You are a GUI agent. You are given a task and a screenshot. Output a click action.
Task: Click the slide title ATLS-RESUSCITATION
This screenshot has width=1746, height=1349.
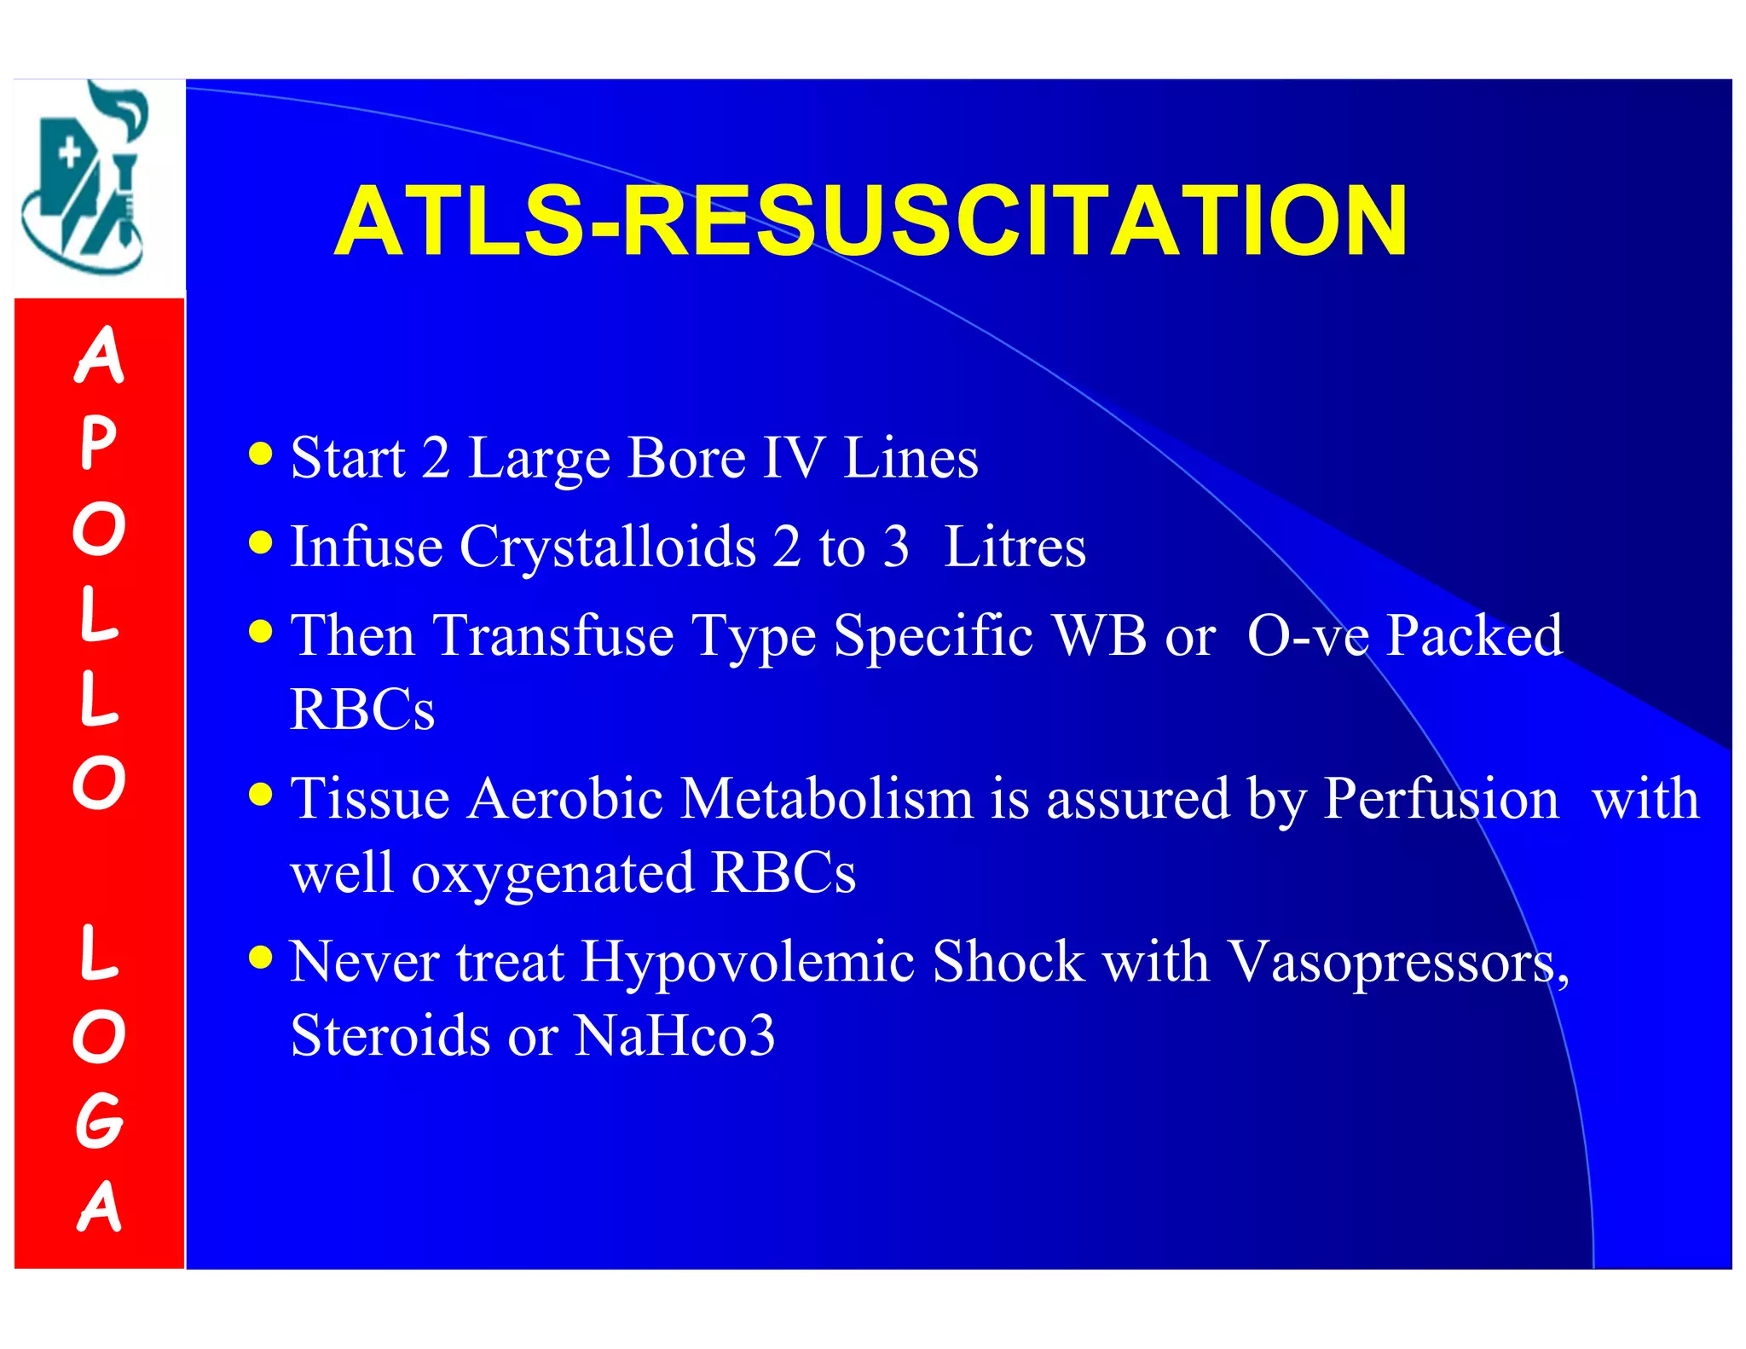click(x=870, y=222)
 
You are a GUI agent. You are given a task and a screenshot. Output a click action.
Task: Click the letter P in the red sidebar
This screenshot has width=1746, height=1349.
click(x=99, y=443)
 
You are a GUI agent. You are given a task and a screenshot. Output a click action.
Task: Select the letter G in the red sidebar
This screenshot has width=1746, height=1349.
click(x=99, y=1120)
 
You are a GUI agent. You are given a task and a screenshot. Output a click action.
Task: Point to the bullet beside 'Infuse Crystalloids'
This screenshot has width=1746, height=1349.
click(x=261, y=542)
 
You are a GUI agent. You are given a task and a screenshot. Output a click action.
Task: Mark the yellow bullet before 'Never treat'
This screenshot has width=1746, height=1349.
click(x=261, y=957)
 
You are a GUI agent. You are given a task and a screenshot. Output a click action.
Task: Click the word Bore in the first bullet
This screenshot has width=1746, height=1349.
click(x=686, y=458)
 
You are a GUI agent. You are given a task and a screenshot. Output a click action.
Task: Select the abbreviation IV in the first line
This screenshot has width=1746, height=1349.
click(x=793, y=458)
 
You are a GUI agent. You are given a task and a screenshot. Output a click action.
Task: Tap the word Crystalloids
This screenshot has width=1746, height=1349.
click(x=608, y=547)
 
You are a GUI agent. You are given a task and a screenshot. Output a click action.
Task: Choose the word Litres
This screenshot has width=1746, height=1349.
click(x=1015, y=547)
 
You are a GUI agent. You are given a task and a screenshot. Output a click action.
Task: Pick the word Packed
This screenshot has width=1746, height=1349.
click(x=1475, y=636)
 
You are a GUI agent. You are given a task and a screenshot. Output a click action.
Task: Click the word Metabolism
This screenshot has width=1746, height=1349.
click(x=827, y=800)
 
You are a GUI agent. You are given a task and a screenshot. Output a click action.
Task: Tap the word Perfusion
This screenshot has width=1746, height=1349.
click(x=1441, y=800)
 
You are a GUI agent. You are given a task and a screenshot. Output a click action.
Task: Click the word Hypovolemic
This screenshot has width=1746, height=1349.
click(x=748, y=963)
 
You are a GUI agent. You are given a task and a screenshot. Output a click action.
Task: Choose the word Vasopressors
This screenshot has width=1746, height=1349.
click(x=1398, y=963)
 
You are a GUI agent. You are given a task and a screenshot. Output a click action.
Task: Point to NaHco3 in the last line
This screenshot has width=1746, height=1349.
click(x=674, y=1036)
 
